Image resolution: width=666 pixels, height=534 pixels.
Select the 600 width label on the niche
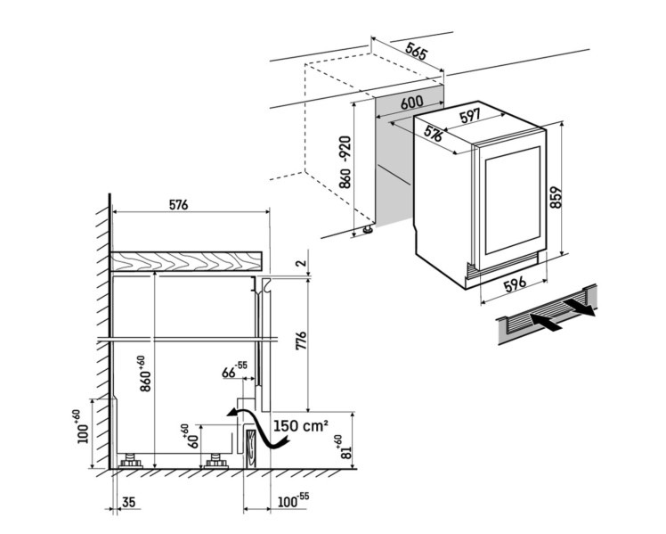(x=410, y=103)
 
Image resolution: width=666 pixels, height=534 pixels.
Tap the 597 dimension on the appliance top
(x=470, y=116)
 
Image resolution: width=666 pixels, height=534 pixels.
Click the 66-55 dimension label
(x=234, y=370)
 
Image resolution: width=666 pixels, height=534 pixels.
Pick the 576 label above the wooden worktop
(x=178, y=204)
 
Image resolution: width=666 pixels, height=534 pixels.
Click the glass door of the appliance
(x=511, y=201)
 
